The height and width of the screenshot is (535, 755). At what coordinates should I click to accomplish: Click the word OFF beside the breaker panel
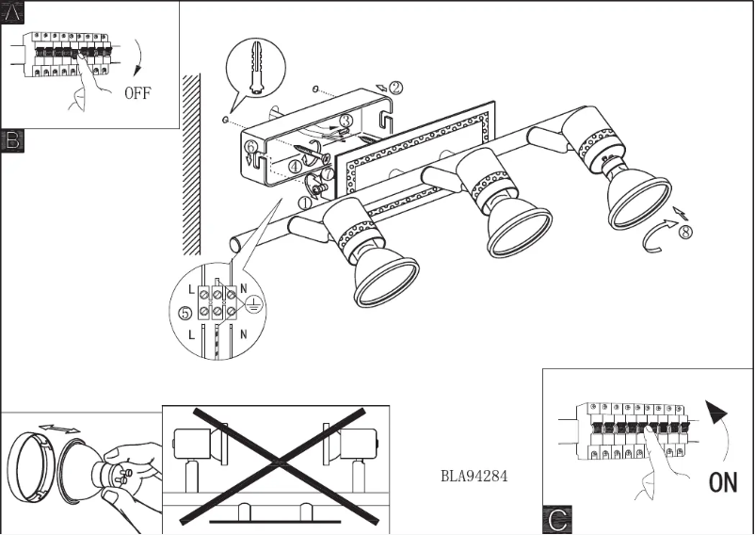(137, 93)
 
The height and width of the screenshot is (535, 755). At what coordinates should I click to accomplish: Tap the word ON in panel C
(722, 482)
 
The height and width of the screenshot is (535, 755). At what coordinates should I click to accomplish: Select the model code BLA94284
(474, 476)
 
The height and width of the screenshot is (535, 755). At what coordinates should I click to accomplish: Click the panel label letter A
(12, 12)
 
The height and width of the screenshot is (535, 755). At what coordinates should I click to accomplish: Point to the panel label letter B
(12, 141)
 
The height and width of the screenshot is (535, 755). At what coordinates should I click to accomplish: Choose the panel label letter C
(556, 520)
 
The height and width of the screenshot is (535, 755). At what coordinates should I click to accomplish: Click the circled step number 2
(395, 88)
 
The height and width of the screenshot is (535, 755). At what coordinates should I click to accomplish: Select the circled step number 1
(306, 202)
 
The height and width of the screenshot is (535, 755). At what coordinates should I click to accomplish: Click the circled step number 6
(249, 148)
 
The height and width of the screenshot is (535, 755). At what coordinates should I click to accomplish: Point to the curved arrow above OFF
(138, 59)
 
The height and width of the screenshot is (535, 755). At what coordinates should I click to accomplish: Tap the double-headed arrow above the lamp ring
(59, 430)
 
